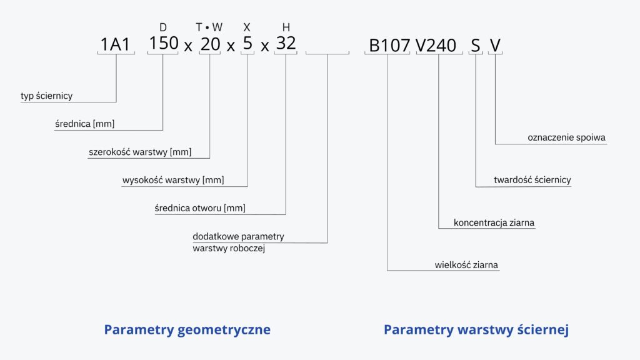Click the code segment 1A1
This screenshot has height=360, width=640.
(115, 44)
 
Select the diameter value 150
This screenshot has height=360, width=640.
(164, 43)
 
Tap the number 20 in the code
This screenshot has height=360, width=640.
(210, 44)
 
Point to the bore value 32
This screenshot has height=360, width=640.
(286, 43)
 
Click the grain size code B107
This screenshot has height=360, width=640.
(389, 46)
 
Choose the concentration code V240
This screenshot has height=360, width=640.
(436, 46)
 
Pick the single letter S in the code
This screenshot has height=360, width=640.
(476, 46)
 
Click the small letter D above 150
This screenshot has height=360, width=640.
(163, 27)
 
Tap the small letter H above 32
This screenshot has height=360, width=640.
(286, 27)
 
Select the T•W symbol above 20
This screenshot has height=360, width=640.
(209, 27)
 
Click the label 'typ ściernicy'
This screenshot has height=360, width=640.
(46, 96)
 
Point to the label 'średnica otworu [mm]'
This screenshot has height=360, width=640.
(200, 208)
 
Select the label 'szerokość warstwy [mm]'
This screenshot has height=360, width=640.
(140, 152)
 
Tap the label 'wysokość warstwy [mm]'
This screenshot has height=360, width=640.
(173, 180)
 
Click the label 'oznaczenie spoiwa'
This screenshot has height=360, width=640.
(566, 137)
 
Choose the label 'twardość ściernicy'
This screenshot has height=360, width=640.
(532, 180)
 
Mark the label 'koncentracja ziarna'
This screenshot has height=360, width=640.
(494, 223)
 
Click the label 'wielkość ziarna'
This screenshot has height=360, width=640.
(466, 265)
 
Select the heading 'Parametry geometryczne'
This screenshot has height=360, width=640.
(187, 330)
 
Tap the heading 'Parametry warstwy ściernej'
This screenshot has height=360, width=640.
(476, 330)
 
